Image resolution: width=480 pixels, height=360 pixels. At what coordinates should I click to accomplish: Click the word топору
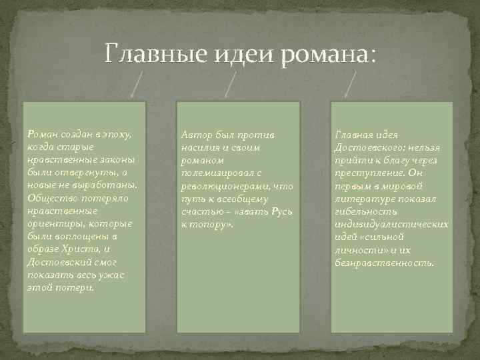click(x=207, y=224)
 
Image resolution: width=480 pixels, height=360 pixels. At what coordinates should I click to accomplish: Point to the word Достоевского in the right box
click(x=367, y=148)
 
